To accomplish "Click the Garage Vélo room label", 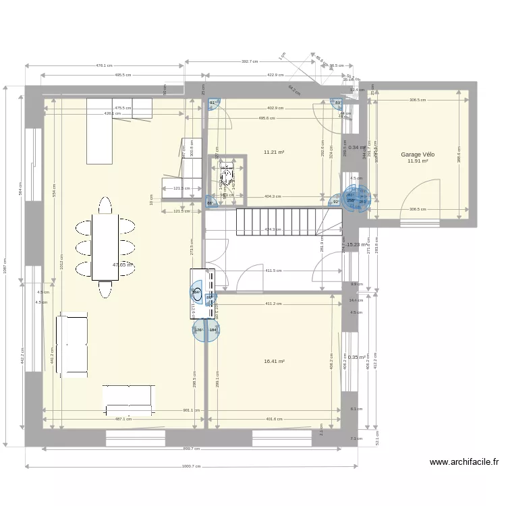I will [x=418, y=154].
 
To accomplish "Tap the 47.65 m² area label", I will [x=123, y=265].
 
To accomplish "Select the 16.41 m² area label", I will [x=274, y=362].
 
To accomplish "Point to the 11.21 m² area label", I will [x=274, y=152].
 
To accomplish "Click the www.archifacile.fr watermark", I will [x=463, y=462].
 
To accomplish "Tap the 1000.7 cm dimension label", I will [x=192, y=466].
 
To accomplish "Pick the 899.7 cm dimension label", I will [x=192, y=449].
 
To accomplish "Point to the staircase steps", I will [x=277, y=221].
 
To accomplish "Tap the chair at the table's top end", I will [x=105, y=204].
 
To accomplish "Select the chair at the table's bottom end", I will [x=105, y=289].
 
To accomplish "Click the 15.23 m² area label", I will [x=357, y=245].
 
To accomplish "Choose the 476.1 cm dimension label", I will [x=104, y=65].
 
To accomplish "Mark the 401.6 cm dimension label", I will [x=274, y=419].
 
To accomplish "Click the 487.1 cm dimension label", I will [x=123, y=419].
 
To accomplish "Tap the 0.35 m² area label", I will [x=357, y=358].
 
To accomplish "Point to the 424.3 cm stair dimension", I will [x=273, y=229].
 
